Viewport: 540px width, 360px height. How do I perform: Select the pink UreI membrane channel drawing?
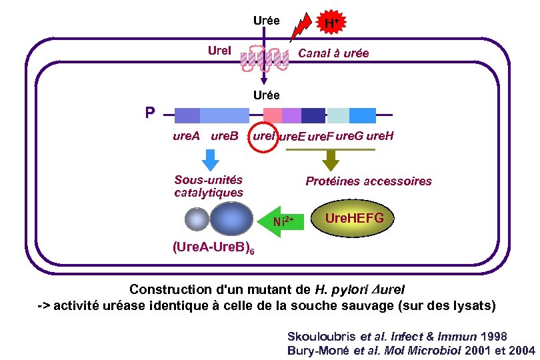tap(265, 58)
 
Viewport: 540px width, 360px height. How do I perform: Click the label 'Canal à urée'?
tap(333, 53)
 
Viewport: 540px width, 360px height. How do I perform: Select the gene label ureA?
tap(187, 137)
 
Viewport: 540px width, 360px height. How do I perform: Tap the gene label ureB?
tap(225, 137)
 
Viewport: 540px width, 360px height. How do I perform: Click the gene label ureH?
tap(381, 136)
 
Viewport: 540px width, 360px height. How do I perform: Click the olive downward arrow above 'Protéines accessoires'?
tap(330, 159)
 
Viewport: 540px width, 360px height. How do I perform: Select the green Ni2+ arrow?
tap(288, 219)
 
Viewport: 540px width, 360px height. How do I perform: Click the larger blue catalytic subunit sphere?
tap(231, 219)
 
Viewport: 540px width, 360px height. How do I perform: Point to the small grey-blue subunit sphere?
tap(197, 219)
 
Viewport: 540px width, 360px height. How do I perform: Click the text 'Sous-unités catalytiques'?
tap(209, 186)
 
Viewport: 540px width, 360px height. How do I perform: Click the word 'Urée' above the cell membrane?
tap(267, 20)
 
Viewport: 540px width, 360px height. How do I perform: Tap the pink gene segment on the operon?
tap(272, 115)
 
